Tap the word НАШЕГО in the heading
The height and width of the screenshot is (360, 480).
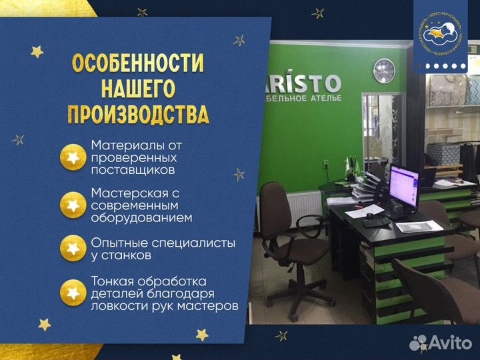point(138,89)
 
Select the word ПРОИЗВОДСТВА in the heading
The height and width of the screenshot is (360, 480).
point(138,114)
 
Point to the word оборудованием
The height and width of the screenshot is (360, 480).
point(141,217)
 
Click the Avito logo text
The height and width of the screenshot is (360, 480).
point(450,342)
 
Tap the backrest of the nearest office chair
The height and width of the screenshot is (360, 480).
point(275,210)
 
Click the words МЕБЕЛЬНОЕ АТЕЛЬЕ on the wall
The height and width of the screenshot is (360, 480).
point(306,99)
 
